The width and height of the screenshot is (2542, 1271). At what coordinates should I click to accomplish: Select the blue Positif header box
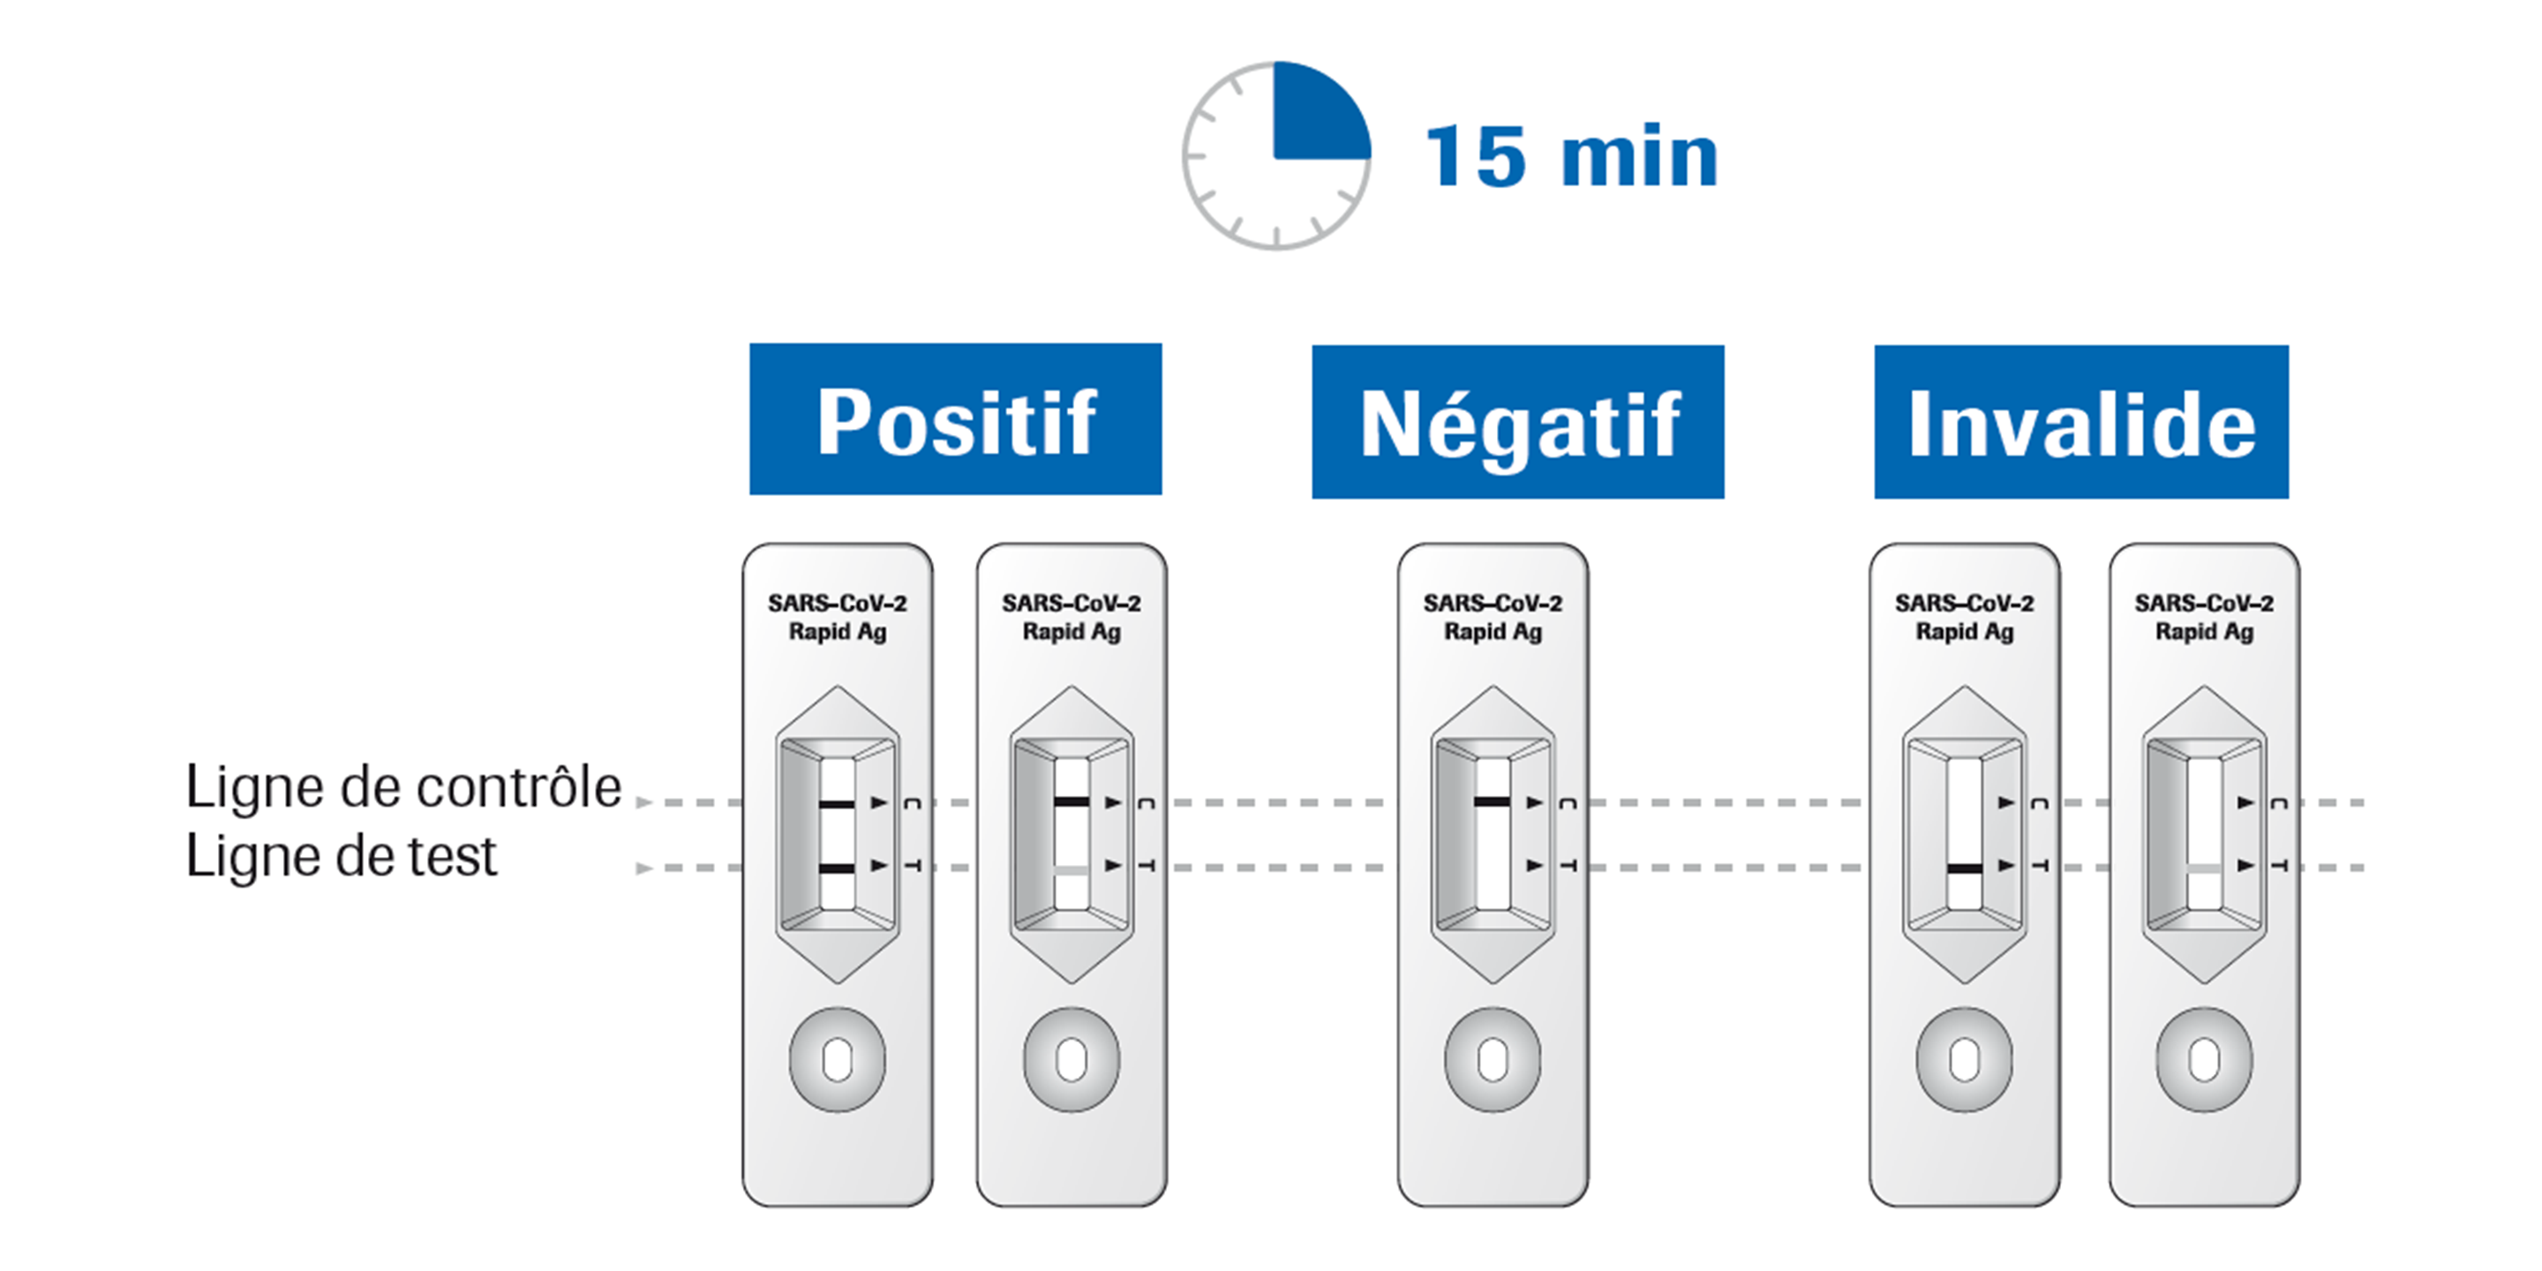coord(955,419)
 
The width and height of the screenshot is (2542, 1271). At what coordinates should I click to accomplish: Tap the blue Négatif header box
coord(1518,421)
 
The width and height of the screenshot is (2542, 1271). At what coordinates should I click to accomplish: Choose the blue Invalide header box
coord(2081,421)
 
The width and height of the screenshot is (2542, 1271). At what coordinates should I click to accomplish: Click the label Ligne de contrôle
coord(403,787)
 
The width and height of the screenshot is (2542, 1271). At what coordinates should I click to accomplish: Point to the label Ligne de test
coord(341,855)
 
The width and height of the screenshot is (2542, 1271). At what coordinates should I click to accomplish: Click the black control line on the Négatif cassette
coord(1492,802)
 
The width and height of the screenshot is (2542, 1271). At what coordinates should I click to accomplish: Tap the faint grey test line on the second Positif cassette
coord(1072,869)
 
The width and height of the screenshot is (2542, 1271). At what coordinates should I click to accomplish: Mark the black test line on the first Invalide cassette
coord(1964,869)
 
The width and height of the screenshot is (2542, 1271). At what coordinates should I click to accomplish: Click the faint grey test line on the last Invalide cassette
coord(2204,869)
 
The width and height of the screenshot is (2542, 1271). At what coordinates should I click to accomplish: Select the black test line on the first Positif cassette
coord(837,869)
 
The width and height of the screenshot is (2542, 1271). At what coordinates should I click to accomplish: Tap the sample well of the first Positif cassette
coord(837,1061)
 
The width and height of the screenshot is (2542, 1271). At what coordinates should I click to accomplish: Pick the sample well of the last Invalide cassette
coord(2205,1061)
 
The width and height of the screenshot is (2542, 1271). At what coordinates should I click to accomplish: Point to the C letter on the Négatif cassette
coord(1567,803)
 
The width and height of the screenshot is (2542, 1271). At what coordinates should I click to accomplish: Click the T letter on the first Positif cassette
coord(913,865)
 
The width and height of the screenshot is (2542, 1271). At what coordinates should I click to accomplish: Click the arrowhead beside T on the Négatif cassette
coord(1535,865)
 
